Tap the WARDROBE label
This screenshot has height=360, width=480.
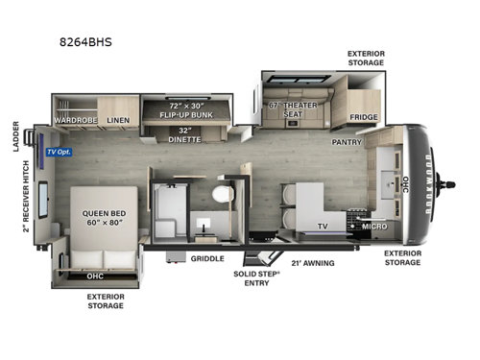(76, 120)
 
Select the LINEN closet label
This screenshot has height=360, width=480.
(118, 120)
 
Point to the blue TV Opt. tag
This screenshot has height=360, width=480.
(59, 151)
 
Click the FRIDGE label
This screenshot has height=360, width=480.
(364, 117)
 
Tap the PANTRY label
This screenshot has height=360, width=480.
(347, 141)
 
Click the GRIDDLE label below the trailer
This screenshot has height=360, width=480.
(207, 258)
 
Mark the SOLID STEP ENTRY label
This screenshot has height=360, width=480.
(257, 278)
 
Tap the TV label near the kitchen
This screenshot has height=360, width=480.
(324, 228)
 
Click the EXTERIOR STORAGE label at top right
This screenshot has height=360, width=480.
(366, 57)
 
